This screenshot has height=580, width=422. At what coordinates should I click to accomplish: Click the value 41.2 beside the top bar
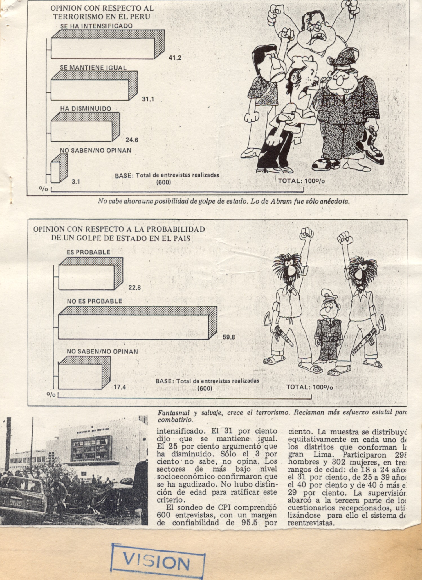[x=175, y=58]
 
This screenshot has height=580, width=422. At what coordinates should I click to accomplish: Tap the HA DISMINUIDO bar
[x=82, y=131]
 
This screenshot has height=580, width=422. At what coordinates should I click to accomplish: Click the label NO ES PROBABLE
[x=94, y=301]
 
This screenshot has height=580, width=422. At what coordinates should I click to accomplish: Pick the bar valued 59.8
[x=134, y=327]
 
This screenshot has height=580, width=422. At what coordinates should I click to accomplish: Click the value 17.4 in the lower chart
[x=120, y=387]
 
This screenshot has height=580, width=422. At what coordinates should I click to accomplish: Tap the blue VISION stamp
[x=158, y=562]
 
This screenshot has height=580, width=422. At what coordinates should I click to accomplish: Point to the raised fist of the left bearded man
[x=306, y=234]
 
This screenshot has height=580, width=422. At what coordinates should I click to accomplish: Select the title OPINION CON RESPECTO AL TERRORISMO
[x=102, y=12]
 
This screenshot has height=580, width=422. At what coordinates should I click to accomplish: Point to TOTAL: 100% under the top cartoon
[x=301, y=181]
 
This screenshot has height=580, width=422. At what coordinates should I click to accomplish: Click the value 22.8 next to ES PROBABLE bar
[x=134, y=287]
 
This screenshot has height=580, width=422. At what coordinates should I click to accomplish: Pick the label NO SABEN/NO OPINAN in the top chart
[x=96, y=150]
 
